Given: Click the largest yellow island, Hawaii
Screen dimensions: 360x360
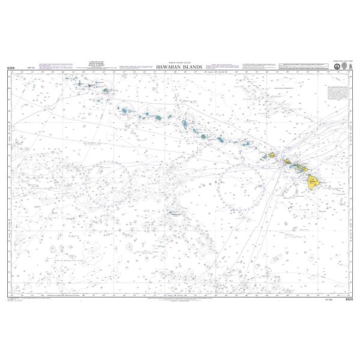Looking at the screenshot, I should pos(313,181).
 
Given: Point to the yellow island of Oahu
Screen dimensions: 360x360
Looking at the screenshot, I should pos(288,161).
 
